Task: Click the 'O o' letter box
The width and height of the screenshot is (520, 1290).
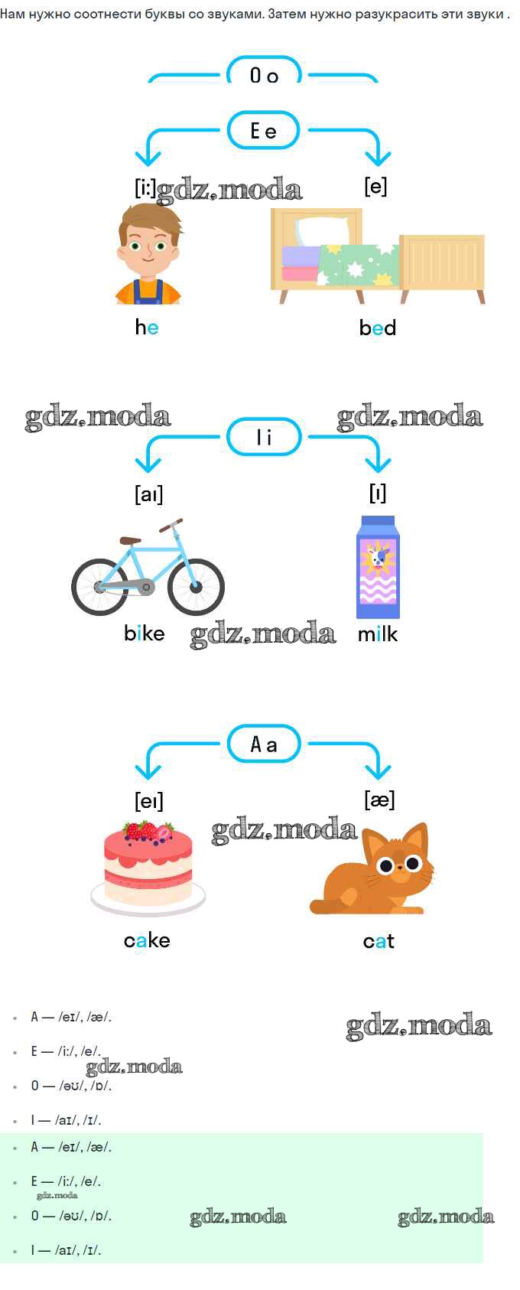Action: [264, 70]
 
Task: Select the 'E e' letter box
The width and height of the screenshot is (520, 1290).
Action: [264, 131]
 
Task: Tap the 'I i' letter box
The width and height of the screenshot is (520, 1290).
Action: [264, 437]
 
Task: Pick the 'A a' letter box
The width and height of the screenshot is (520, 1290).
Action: [264, 744]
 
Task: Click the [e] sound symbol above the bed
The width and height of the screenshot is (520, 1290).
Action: [375, 186]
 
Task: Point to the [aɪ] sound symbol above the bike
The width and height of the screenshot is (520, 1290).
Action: [148, 494]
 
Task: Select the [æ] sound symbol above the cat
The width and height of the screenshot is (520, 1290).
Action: [379, 800]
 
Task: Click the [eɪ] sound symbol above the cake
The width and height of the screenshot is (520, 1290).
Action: [148, 801]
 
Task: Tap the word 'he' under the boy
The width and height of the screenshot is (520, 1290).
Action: [147, 327]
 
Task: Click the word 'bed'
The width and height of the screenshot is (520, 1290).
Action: [378, 327]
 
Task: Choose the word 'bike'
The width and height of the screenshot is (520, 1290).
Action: [145, 634]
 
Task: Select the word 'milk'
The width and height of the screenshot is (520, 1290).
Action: [378, 634]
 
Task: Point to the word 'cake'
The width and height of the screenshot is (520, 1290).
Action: [147, 940]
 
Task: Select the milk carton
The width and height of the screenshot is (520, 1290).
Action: [378, 567]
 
